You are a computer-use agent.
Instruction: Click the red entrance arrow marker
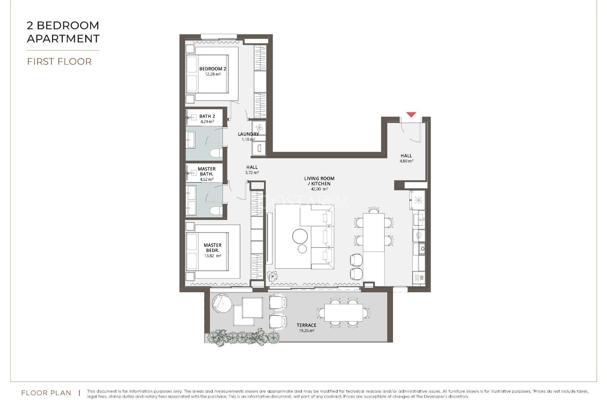point(411,115)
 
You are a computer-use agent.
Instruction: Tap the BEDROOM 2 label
point(212,69)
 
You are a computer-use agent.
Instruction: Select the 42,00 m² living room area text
point(319,189)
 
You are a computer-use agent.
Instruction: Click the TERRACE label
point(306,325)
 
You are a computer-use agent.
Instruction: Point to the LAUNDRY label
point(248,134)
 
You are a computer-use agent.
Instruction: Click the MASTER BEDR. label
point(212,247)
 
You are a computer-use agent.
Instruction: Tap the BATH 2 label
point(207,116)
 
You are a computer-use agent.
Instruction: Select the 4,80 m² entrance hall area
point(406,161)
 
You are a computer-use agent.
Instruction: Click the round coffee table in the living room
point(300,236)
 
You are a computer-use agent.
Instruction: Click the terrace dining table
point(343,312)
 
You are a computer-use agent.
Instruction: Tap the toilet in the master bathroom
point(217,211)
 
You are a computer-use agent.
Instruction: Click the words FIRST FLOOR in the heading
point(59,62)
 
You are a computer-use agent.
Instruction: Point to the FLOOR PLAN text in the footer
point(46,393)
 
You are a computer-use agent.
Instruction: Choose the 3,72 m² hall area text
point(252,173)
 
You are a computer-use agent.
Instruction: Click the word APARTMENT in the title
point(63,39)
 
